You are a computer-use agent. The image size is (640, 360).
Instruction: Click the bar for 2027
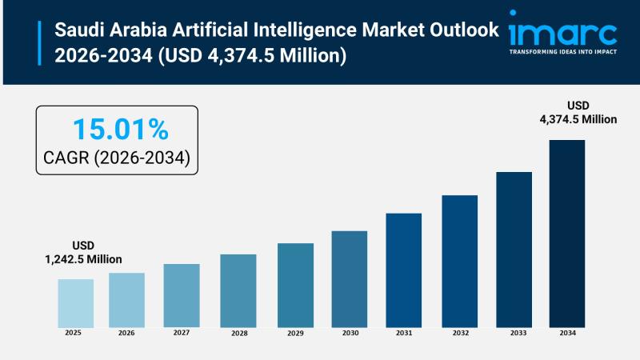point(182,295)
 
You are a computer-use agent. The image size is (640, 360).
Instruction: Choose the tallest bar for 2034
point(566,233)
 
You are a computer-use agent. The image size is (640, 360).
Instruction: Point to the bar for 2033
point(514,249)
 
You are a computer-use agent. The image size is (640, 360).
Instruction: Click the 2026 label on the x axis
point(126,333)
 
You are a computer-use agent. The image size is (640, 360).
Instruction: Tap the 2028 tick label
point(238,334)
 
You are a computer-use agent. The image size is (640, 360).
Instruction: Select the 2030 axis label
point(350,334)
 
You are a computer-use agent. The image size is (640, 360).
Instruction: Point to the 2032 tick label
point(459,334)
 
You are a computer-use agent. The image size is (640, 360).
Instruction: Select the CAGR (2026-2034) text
point(117,158)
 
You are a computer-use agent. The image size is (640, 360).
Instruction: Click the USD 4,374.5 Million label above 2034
point(578,113)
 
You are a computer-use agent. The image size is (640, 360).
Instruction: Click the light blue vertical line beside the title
point(39,43)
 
